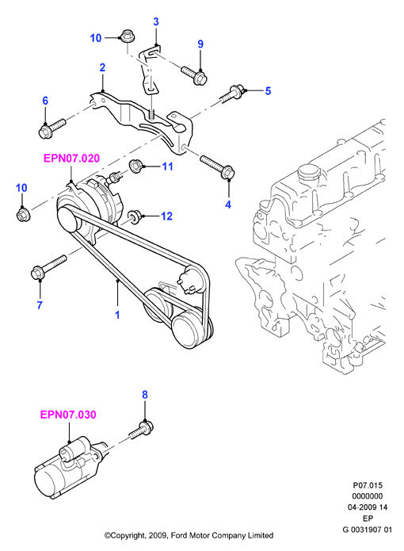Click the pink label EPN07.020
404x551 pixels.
click(71, 159)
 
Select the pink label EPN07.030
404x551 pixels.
click(68, 415)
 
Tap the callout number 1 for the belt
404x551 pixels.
click(117, 315)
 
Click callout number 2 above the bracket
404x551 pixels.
click(102, 67)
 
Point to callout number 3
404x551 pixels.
click(156, 21)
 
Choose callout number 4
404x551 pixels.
click(228, 205)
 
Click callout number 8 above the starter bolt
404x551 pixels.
click(145, 395)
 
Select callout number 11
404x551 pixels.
click(168, 166)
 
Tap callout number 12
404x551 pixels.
click(166, 216)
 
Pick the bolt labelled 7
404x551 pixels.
click(48, 268)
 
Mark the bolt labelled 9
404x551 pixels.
click(194, 75)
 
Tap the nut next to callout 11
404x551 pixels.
click(135, 166)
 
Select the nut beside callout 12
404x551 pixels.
click(135, 216)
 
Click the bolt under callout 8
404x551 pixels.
click(142, 430)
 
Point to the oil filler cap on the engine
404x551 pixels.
click(308, 174)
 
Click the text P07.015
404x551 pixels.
click(368, 485)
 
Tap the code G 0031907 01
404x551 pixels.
click(368, 530)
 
